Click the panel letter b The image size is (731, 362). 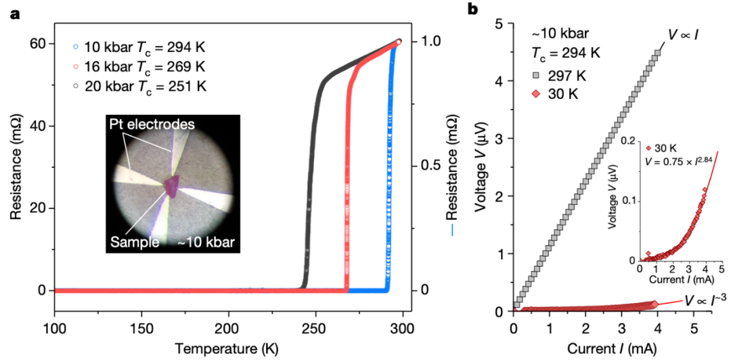tap(474, 9)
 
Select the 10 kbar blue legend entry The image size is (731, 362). tap(138, 48)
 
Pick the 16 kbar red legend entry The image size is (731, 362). tap(138, 67)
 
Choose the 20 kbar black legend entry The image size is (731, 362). tap(138, 86)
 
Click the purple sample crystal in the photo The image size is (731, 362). tap(174, 185)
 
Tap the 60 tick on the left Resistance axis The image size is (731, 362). tap(37, 43)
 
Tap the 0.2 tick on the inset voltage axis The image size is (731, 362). tap(629, 141)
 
